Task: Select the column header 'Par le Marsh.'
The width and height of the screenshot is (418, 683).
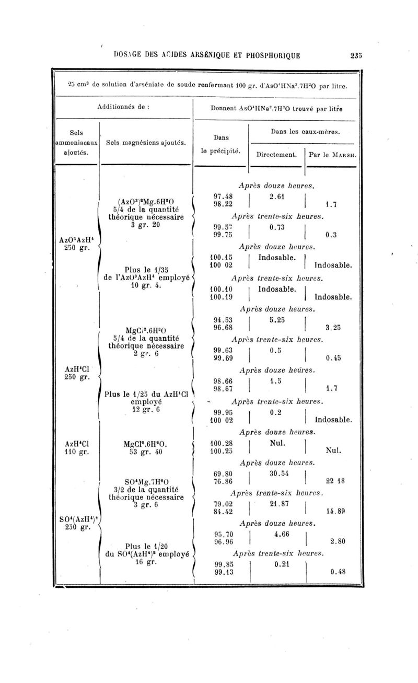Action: coord(332,154)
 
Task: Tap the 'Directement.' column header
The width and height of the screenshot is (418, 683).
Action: coord(276,154)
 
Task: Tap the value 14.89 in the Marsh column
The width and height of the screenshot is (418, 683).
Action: coord(335,512)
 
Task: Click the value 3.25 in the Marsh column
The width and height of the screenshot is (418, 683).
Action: coord(333,328)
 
